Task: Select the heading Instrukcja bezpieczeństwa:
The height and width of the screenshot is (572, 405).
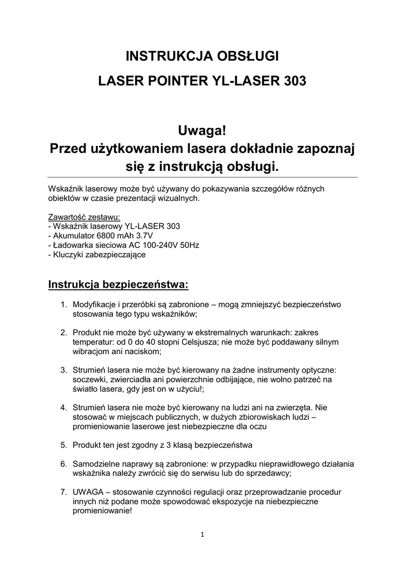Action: (118, 285)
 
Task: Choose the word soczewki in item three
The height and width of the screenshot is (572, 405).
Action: (89, 379)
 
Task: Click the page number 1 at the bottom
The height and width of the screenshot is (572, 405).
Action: (202, 535)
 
